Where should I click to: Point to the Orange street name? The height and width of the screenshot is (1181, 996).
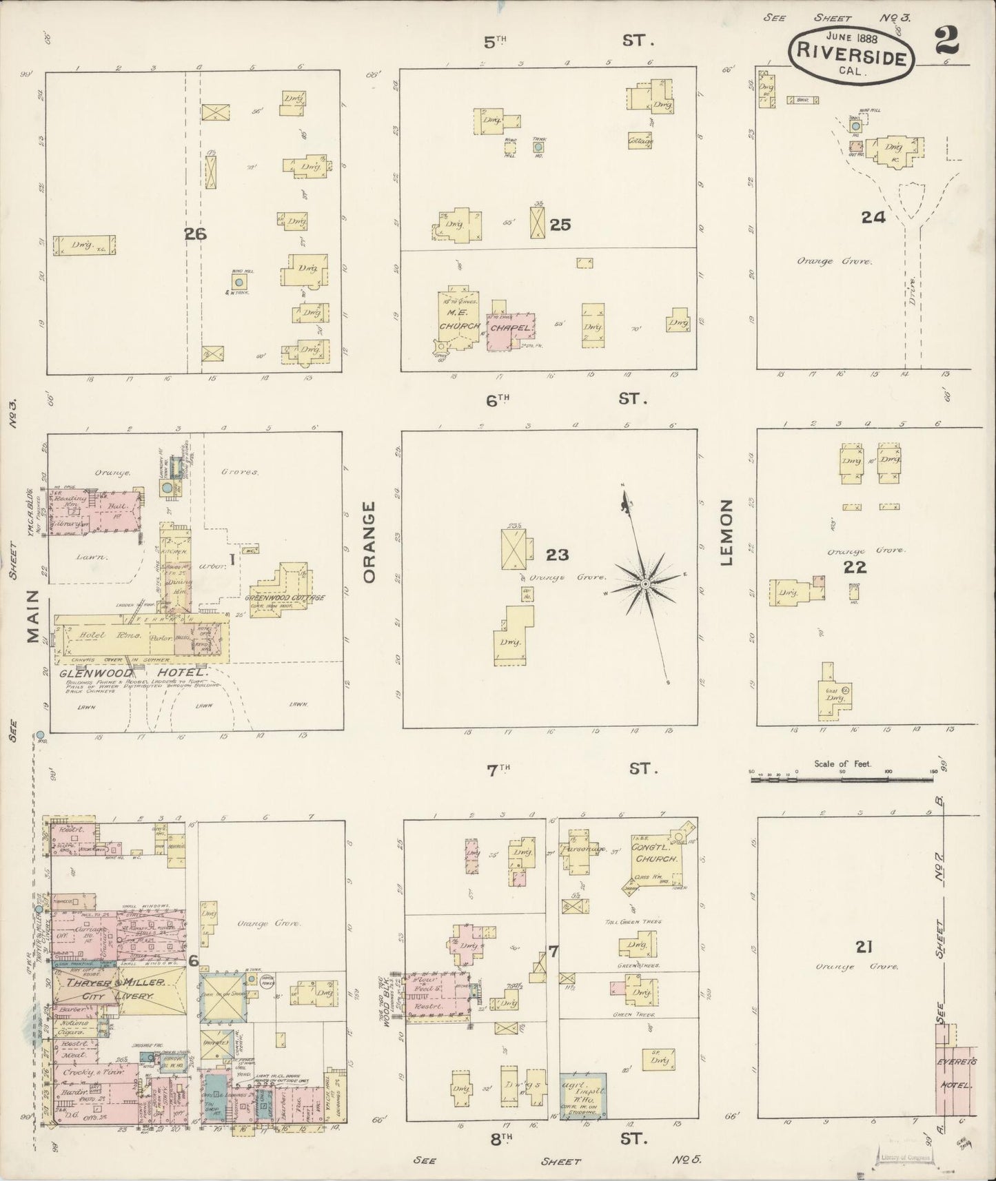pyautogui.click(x=369, y=542)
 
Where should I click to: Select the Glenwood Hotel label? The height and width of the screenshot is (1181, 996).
pyautogui.click(x=133, y=673)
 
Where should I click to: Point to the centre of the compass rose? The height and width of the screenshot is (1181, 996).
pyautogui.click(x=645, y=584)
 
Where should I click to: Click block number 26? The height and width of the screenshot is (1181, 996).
pyautogui.click(x=195, y=234)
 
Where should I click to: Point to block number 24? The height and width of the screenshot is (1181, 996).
pyautogui.click(x=873, y=217)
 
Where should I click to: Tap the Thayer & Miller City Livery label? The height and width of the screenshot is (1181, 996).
pyautogui.click(x=121, y=989)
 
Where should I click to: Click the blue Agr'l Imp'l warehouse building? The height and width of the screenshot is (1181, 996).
pyautogui.click(x=582, y=1095)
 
